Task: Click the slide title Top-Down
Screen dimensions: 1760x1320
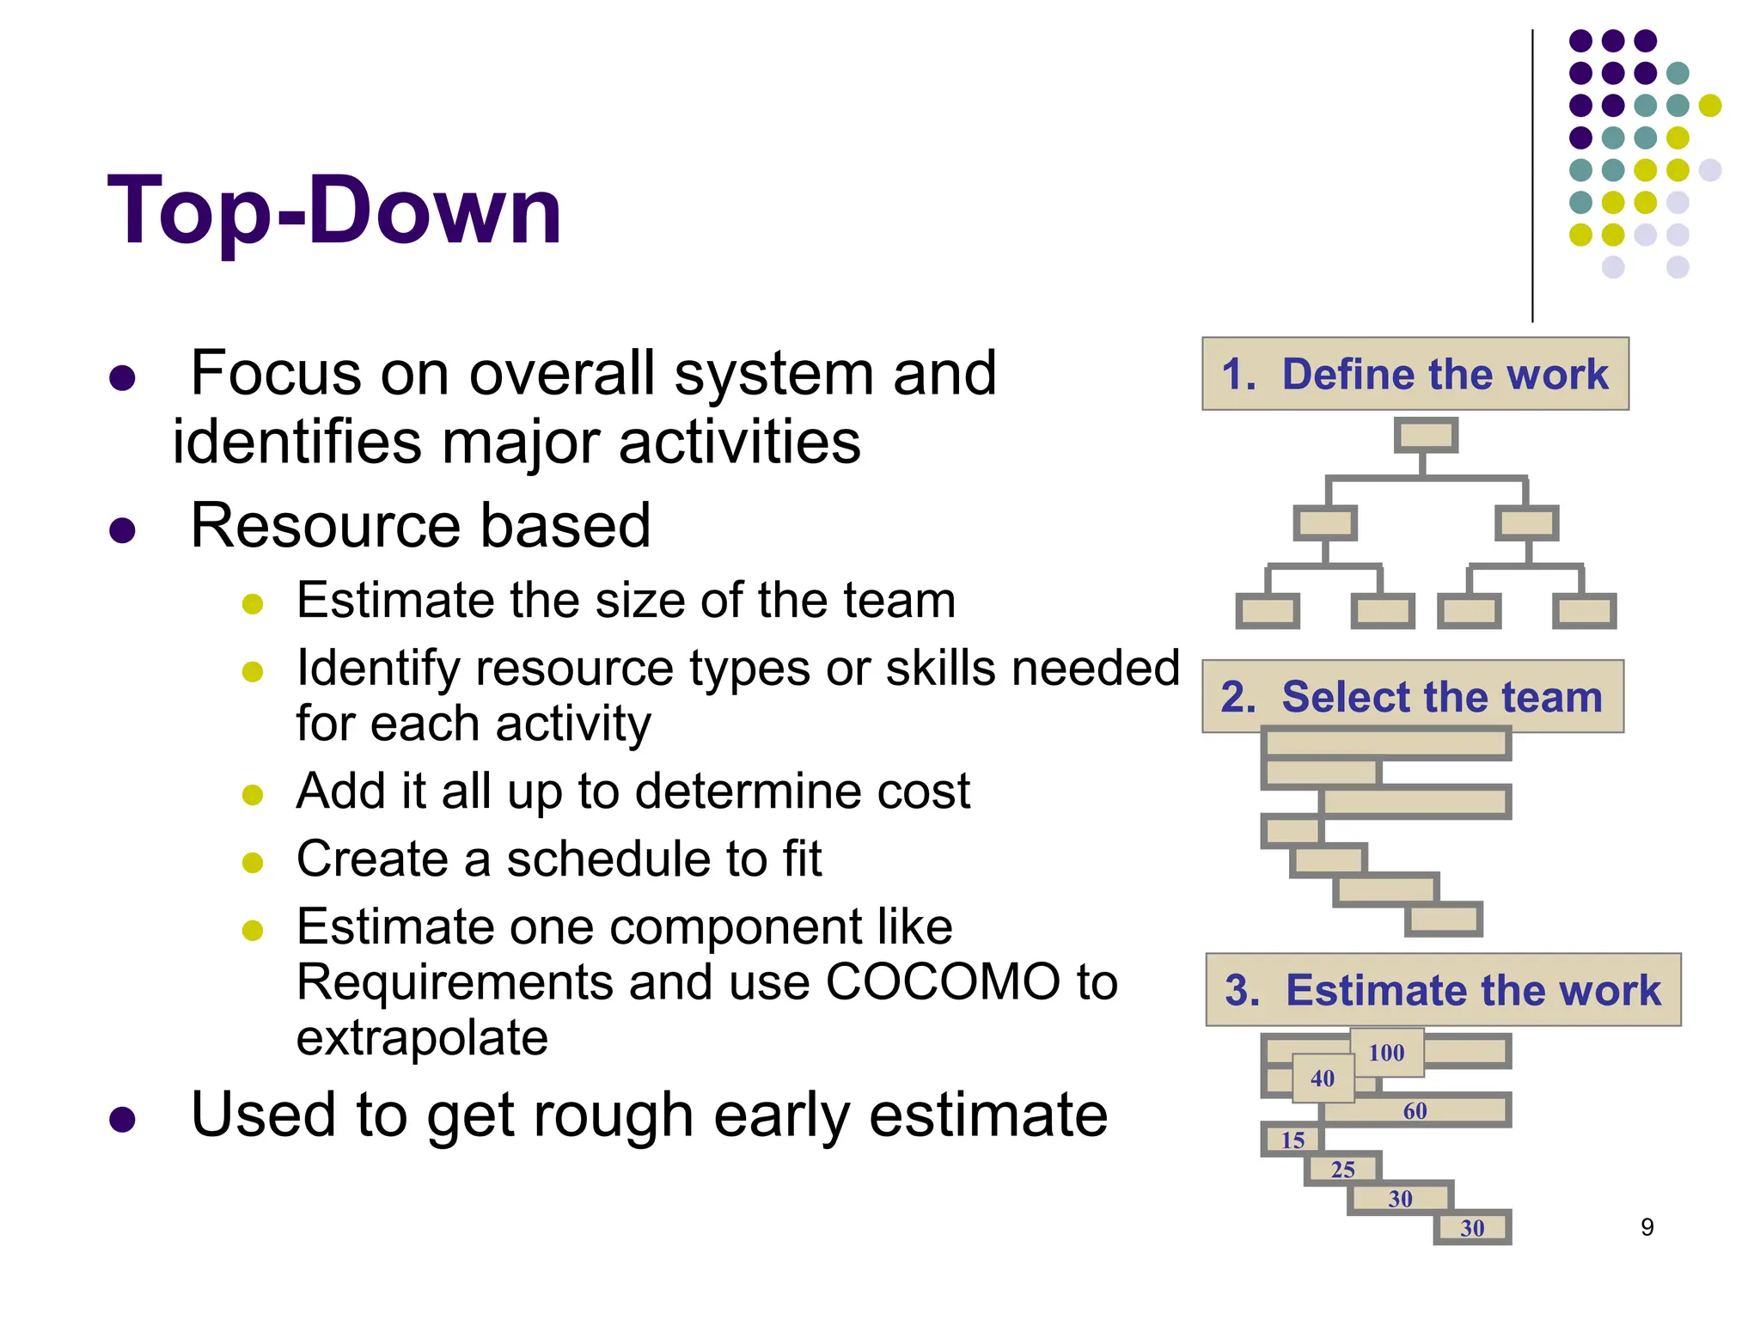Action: [335, 211]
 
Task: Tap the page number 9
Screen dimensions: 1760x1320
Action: [1647, 1227]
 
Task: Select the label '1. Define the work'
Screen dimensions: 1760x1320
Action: [1415, 374]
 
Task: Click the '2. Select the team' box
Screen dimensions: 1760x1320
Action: [1412, 696]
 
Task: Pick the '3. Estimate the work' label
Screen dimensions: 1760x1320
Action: [1443, 990]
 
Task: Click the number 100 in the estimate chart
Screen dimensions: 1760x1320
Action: [1386, 1053]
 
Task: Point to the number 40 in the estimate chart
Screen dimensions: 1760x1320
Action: [1323, 1079]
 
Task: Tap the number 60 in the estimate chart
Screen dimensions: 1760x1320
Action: [1415, 1111]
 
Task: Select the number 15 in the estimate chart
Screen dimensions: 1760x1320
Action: [1292, 1140]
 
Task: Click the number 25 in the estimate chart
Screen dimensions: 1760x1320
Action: [1342, 1170]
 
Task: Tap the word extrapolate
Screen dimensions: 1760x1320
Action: [422, 1038]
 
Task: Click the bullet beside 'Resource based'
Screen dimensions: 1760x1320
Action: [123, 529]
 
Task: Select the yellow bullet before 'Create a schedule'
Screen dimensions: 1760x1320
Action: [253, 862]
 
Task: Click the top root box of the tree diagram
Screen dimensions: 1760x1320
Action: [1426, 436]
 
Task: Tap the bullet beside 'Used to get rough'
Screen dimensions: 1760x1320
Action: [123, 1119]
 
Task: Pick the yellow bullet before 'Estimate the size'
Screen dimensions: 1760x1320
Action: [253, 603]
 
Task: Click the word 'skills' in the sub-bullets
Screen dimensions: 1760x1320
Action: [939, 669]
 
